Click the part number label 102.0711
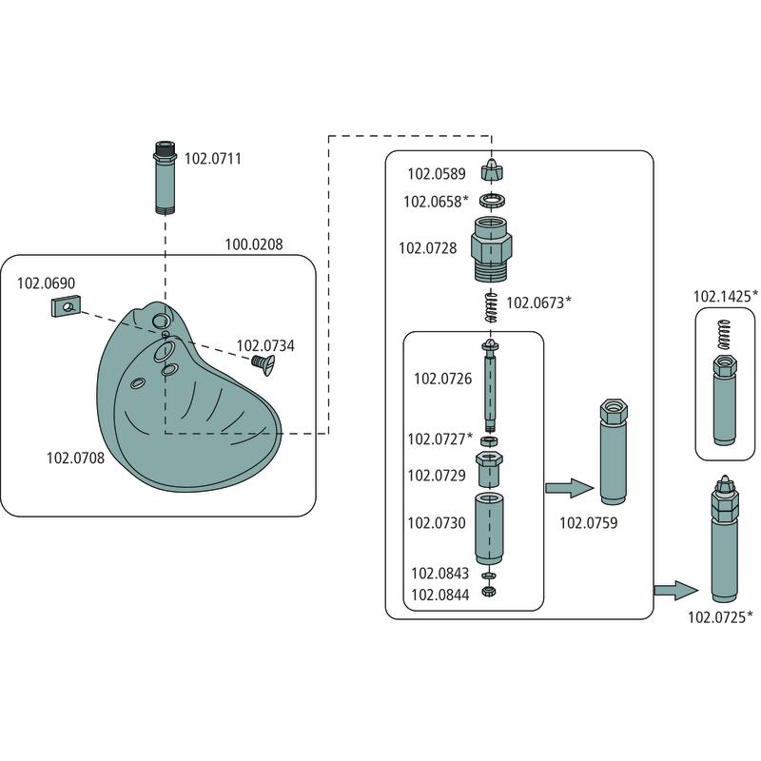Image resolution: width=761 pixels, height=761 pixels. point(212,159)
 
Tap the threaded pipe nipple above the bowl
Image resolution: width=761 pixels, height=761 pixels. point(166,177)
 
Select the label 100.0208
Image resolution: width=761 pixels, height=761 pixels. point(253,244)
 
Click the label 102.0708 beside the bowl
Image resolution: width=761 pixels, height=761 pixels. point(75,458)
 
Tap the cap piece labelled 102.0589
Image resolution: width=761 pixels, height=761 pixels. point(492,173)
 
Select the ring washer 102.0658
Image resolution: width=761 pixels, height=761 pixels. point(492,202)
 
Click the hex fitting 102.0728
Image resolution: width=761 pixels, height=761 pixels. point(492,247)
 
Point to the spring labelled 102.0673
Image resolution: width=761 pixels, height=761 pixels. point(491,306)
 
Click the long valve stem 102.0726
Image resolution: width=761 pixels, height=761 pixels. point(491,385)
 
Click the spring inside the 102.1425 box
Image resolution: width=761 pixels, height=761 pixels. point(727,333)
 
